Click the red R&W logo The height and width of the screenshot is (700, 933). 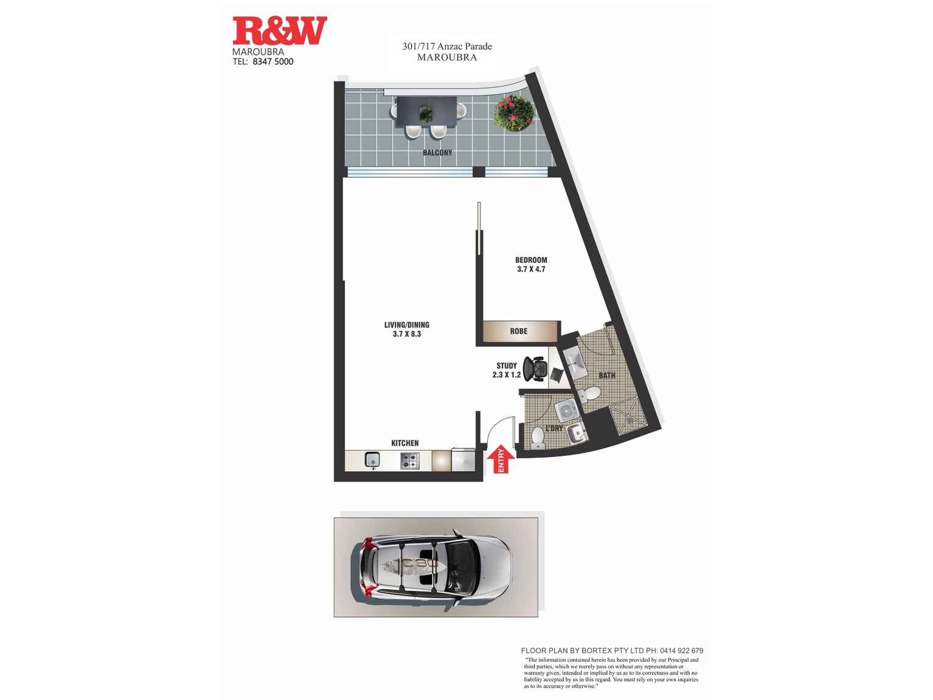[279, 30]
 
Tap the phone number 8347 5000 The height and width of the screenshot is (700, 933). [272, 61]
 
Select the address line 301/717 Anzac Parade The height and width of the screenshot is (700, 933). [447, 46]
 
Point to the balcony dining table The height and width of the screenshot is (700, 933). [426, 112]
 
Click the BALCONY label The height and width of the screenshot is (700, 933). [437, 153]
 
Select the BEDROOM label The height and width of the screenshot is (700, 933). [531, 260]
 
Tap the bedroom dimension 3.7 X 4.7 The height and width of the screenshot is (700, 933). [531, 269]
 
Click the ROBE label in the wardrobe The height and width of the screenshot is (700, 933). [519, 331]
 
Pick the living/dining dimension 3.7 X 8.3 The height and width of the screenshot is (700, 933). [407, 334]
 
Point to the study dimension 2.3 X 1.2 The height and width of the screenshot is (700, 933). [507, 375]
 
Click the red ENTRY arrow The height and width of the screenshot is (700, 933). [501, 459]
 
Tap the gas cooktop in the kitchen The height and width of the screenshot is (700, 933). [410, 460]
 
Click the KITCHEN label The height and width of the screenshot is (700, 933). [404, 443]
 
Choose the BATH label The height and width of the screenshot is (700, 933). [606, 376]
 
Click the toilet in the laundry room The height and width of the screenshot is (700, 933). [538, 438]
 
